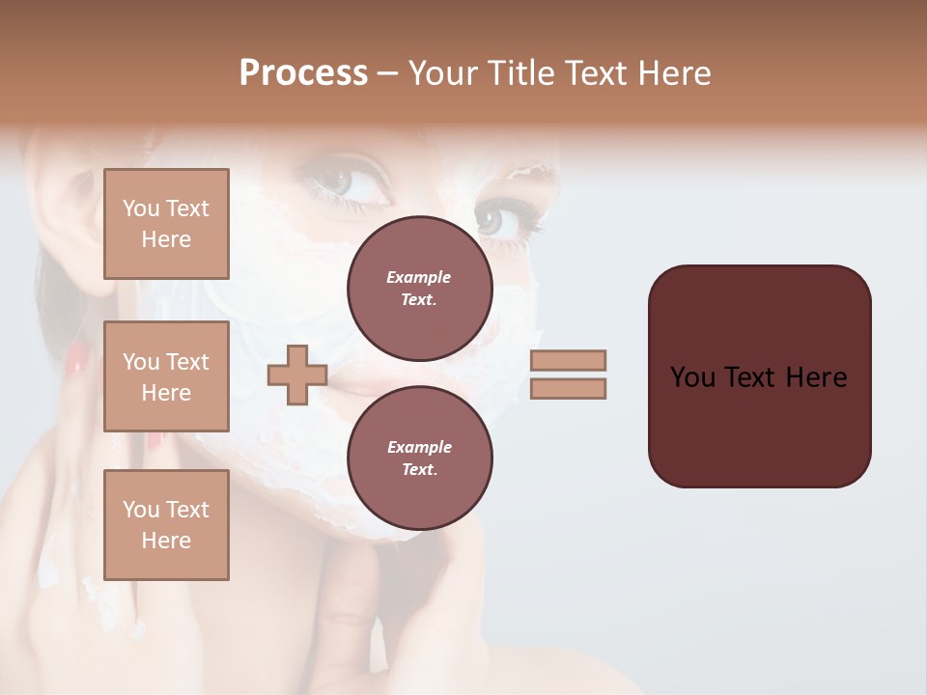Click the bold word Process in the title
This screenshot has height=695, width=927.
[303, 73]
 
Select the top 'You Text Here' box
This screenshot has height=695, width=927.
[166, 224]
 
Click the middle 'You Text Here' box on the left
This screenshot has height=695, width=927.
[166, 376]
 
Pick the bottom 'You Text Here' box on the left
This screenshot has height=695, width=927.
[166, 524]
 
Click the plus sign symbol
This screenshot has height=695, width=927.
[296, 375]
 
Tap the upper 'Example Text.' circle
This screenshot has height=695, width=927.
[419, 289]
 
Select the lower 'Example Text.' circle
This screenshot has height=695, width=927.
[419, 459]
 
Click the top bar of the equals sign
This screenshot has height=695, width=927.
[569, 360]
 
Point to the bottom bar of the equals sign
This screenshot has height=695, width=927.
[569, 388]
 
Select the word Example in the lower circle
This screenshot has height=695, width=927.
[419, 447]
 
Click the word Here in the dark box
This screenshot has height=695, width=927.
[816, 377]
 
